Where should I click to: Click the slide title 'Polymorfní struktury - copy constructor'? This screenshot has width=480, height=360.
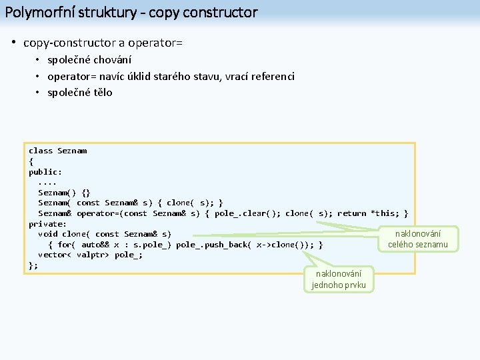131,12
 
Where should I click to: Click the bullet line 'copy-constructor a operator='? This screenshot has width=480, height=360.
103,43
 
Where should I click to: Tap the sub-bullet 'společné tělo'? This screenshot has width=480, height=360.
80,93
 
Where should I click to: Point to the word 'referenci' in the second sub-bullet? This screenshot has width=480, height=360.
273,77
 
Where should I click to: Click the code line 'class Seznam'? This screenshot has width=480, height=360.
57,151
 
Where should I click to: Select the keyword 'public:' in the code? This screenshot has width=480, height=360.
45,171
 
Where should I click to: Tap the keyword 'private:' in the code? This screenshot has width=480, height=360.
47,223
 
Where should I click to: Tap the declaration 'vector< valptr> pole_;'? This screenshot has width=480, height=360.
90,255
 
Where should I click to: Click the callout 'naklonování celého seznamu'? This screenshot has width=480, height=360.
417,239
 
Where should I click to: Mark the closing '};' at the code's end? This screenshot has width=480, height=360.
33,265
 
